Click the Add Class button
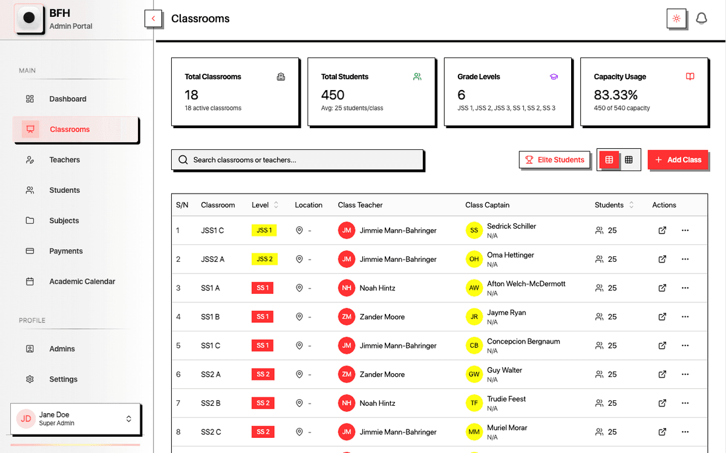(x=678, y=160)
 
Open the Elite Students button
(x=555, y=160)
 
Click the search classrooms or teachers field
(x=297, y=160)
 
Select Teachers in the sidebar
(x=65, y=160)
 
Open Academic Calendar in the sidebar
(x=82, y=281)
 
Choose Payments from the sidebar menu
(x=66, y=251)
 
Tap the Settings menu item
(x=64, y=379)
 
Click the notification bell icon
(x=701, y=19)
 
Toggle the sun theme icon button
(x=676, y=19)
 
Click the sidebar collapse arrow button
(x=154, y=19)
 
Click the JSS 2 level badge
(x=264, y=259)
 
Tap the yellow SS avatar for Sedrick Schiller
(x=474, y=230)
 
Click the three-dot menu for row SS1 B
(x=685, y=316)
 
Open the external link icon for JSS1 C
(x=662, y=230)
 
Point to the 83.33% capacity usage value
(x=616, y=95)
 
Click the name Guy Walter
(x=505, y=370)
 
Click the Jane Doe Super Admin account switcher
(x=76, y=419)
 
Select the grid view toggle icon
(x=629, y=160)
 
